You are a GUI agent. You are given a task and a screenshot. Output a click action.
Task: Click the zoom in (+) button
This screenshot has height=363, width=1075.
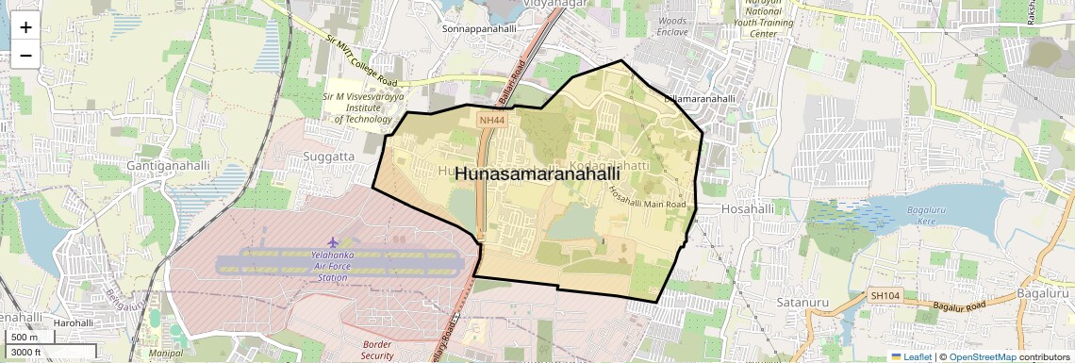point(25,26)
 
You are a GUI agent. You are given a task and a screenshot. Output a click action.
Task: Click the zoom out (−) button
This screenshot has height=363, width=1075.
point(25,55)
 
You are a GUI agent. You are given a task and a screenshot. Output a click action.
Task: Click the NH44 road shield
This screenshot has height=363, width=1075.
point(491,121)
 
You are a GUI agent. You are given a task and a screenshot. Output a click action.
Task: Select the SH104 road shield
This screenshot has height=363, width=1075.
point(885,295)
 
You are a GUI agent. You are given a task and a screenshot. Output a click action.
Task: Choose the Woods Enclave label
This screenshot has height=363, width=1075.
point(672,26)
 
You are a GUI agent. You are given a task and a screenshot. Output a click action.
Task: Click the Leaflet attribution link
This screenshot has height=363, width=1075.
point(911,356)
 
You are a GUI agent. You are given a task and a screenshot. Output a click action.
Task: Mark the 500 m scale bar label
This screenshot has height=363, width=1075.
point(25,338)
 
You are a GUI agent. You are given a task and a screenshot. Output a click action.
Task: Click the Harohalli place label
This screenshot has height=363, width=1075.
point(73,322)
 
